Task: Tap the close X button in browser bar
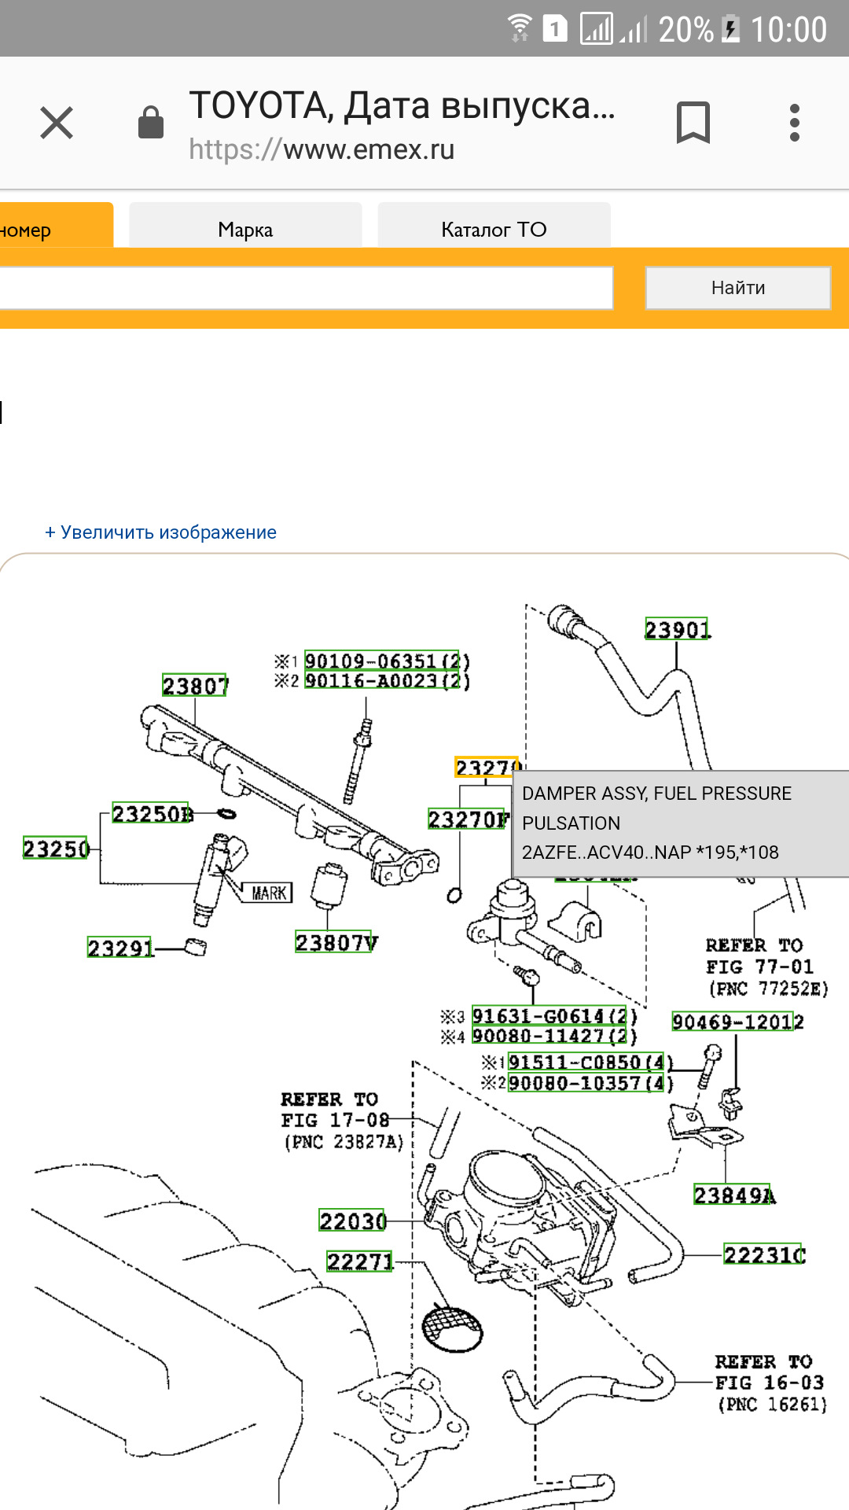[57, 123]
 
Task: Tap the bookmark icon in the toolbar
[693, 123]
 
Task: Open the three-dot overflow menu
[795, 123]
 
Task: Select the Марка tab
[245, 229]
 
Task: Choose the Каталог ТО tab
[494, 229]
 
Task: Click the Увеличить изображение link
[161, 532]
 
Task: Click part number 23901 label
[677, 630]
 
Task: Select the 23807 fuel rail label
[195, 686]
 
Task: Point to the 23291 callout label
[120, 948]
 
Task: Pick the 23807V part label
[336, 942]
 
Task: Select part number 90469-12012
[737, 1022]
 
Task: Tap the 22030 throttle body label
[352, 1221]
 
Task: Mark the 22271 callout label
[359, 1261]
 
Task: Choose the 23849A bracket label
[733, 1195]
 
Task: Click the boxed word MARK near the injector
[269, 893]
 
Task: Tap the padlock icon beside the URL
[151, 123]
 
